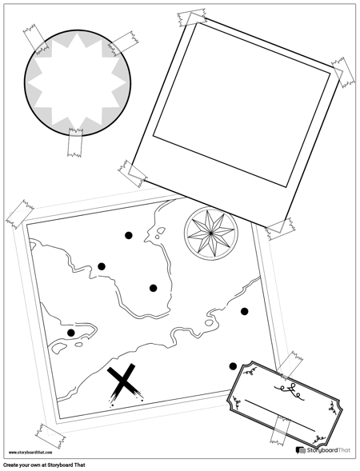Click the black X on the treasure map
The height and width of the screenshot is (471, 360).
pos(125,383)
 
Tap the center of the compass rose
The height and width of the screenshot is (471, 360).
pos(211,233)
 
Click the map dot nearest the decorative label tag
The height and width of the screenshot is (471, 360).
pos(233,366)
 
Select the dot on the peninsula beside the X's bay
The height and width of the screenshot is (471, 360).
pos(71,333)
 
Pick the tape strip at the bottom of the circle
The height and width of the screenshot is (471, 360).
pos(75,142)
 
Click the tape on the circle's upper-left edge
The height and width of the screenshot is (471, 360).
pos(36,39)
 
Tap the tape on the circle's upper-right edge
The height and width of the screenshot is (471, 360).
pos(123,43)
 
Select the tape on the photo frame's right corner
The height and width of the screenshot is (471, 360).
pos(343,73)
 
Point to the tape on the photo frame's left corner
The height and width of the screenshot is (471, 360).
pos(133,174)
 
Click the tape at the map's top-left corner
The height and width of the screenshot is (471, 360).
pos(20,214)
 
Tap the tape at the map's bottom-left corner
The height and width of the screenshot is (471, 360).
pos(50,436)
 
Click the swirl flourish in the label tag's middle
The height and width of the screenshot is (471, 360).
pos(291,391)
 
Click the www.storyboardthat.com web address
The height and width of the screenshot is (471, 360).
pos(30,452)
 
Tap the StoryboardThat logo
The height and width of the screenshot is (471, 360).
pos(323,450)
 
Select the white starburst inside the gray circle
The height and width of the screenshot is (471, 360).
pos(78,82)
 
